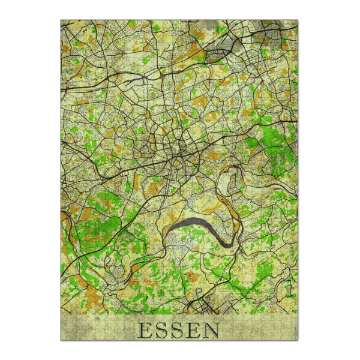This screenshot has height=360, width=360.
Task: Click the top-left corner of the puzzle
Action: pyautogui.click(x=61, y=20)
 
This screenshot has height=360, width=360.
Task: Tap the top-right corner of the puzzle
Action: pyautogui.click(x=298, y=20)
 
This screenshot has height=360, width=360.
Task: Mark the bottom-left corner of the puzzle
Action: pyautogui.click(x=61, y=340)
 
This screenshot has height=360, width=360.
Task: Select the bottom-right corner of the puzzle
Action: pyautogui.click(x=298, y=340)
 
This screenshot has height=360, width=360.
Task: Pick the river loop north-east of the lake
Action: pyautogui.click(x=231, y=180)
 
